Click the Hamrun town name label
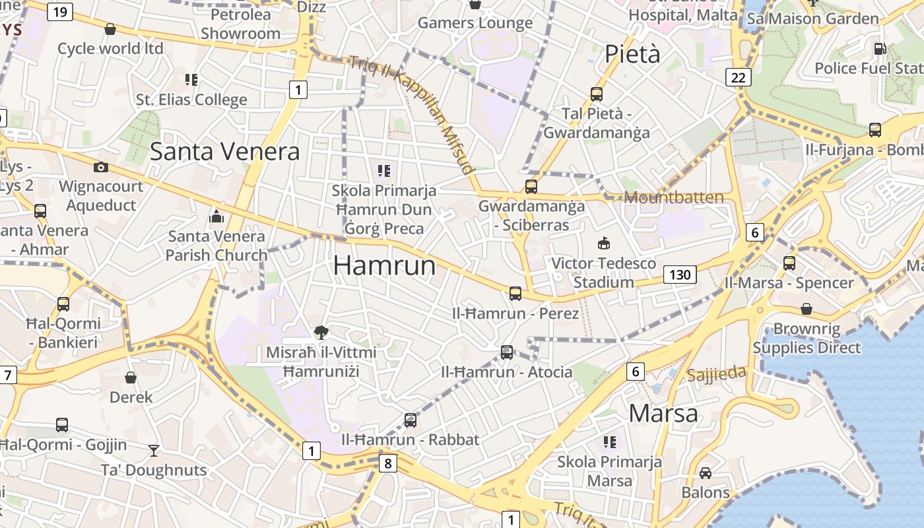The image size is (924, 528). coord(384,265)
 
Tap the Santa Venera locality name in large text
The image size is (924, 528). coord(224,152)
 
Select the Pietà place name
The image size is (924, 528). coord(632,53)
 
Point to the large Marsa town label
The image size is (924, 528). coord(663,413)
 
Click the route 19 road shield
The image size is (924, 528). coord(59,11)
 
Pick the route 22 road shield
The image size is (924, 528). coord(738,77)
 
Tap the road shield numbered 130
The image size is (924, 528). coord(680,275)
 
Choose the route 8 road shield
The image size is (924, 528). coord(387,463)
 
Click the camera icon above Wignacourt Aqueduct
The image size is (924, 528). coord(101,168)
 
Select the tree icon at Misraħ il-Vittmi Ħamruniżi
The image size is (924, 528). coord(321,332)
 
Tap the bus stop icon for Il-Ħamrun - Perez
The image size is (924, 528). coord(515,293)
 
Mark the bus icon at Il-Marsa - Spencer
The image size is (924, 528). coord(789,263)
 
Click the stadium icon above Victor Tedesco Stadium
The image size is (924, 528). coord(603,244)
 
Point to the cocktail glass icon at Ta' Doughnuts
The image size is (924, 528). coord(154,450)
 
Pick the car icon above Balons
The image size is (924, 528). coord(706,473)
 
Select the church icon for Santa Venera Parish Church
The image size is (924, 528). coord(216,216)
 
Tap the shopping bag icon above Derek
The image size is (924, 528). coord(131,378)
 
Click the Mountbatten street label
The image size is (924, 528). coord(673,197)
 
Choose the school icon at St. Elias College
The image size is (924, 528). coord(191,80)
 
